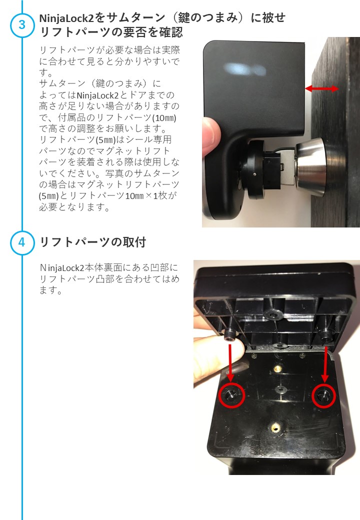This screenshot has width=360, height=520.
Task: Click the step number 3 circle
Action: tap(22, 25)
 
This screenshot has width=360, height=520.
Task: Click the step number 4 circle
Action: tap(22, 242)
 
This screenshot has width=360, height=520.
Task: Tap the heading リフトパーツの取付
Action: tap(93, 242)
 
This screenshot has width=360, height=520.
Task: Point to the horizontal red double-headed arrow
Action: tap(321, 88)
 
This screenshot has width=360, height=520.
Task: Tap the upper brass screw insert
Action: tap(276, 367)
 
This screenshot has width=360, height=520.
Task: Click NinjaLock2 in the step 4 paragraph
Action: tap(62, 267)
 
